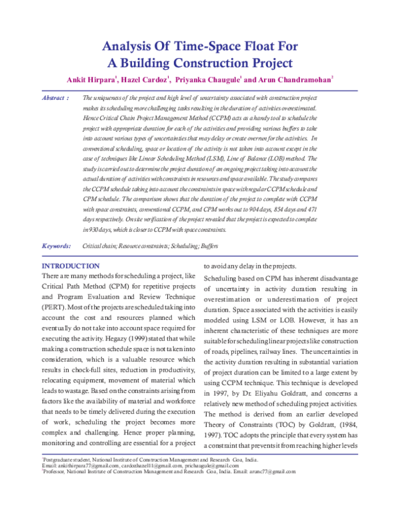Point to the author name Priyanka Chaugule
click(205, 80)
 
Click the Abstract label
click(53, 98)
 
